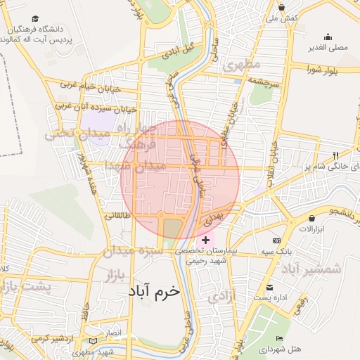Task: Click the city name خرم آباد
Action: (x=154, y=290)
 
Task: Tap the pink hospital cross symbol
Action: (x=205, y=240)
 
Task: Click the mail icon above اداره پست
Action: (x=270, y=287)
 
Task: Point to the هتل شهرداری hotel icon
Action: (x=281, y=339)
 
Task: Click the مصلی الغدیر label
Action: (x=328, y=48)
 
